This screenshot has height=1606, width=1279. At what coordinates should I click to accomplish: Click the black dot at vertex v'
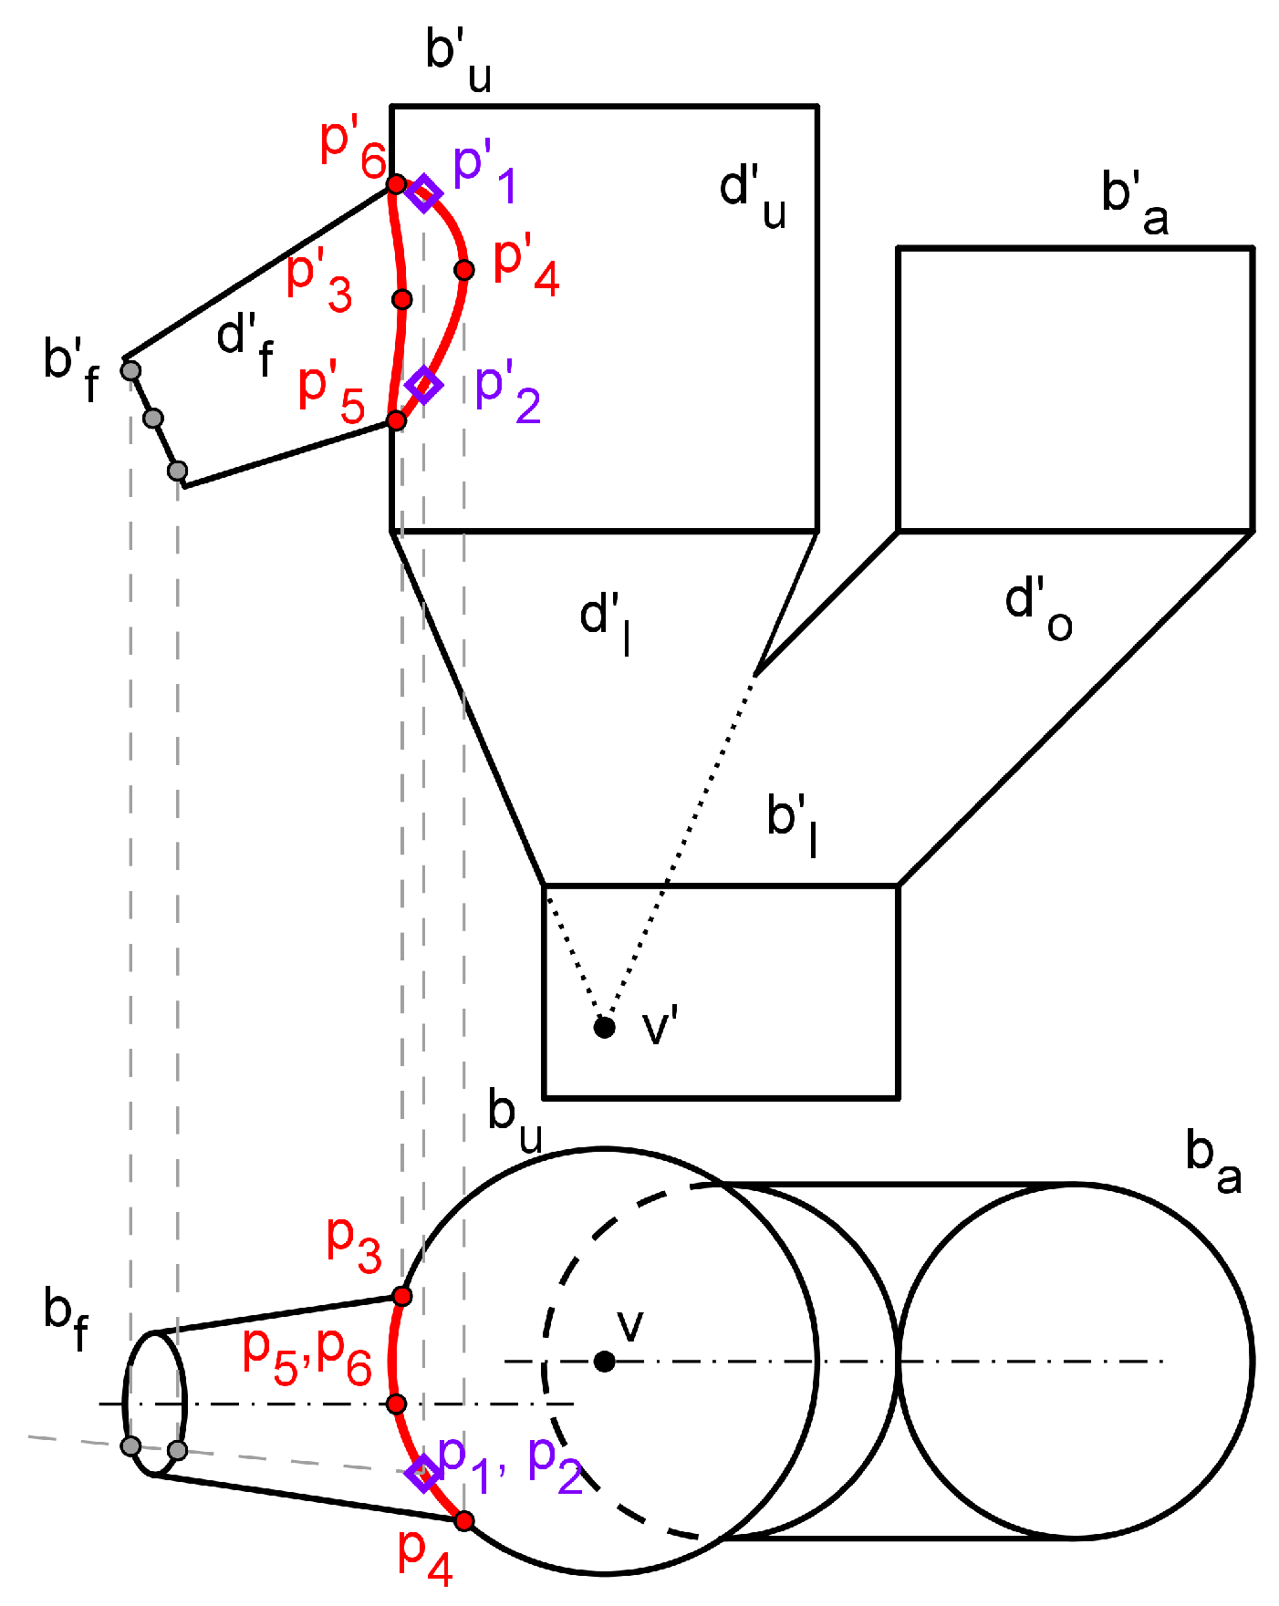[x=604, y=1028]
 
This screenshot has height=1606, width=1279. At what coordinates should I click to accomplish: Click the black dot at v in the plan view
[x=604, y=1362]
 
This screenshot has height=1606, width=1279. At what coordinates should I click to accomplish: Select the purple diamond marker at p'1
[x=424, y=193]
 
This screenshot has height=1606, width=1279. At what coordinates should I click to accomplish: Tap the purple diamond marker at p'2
[x=424, y=385]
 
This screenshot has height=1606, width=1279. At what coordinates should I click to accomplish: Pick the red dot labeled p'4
[x=464, y=270]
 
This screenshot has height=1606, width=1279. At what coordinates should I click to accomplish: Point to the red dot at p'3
[x=402, y=299]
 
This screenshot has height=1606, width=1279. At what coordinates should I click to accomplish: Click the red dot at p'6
[x=396, y=184]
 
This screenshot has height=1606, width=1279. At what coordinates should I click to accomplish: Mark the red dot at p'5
[x=396, y=420]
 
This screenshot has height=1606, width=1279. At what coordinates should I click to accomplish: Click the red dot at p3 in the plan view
[x=402, y=1296]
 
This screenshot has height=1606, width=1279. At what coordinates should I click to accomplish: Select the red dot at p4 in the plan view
[x=464, y=1520]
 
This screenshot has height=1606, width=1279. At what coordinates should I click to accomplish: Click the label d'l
[x=606, y=622]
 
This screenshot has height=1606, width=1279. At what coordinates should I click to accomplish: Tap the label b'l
[x=792, y=823]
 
